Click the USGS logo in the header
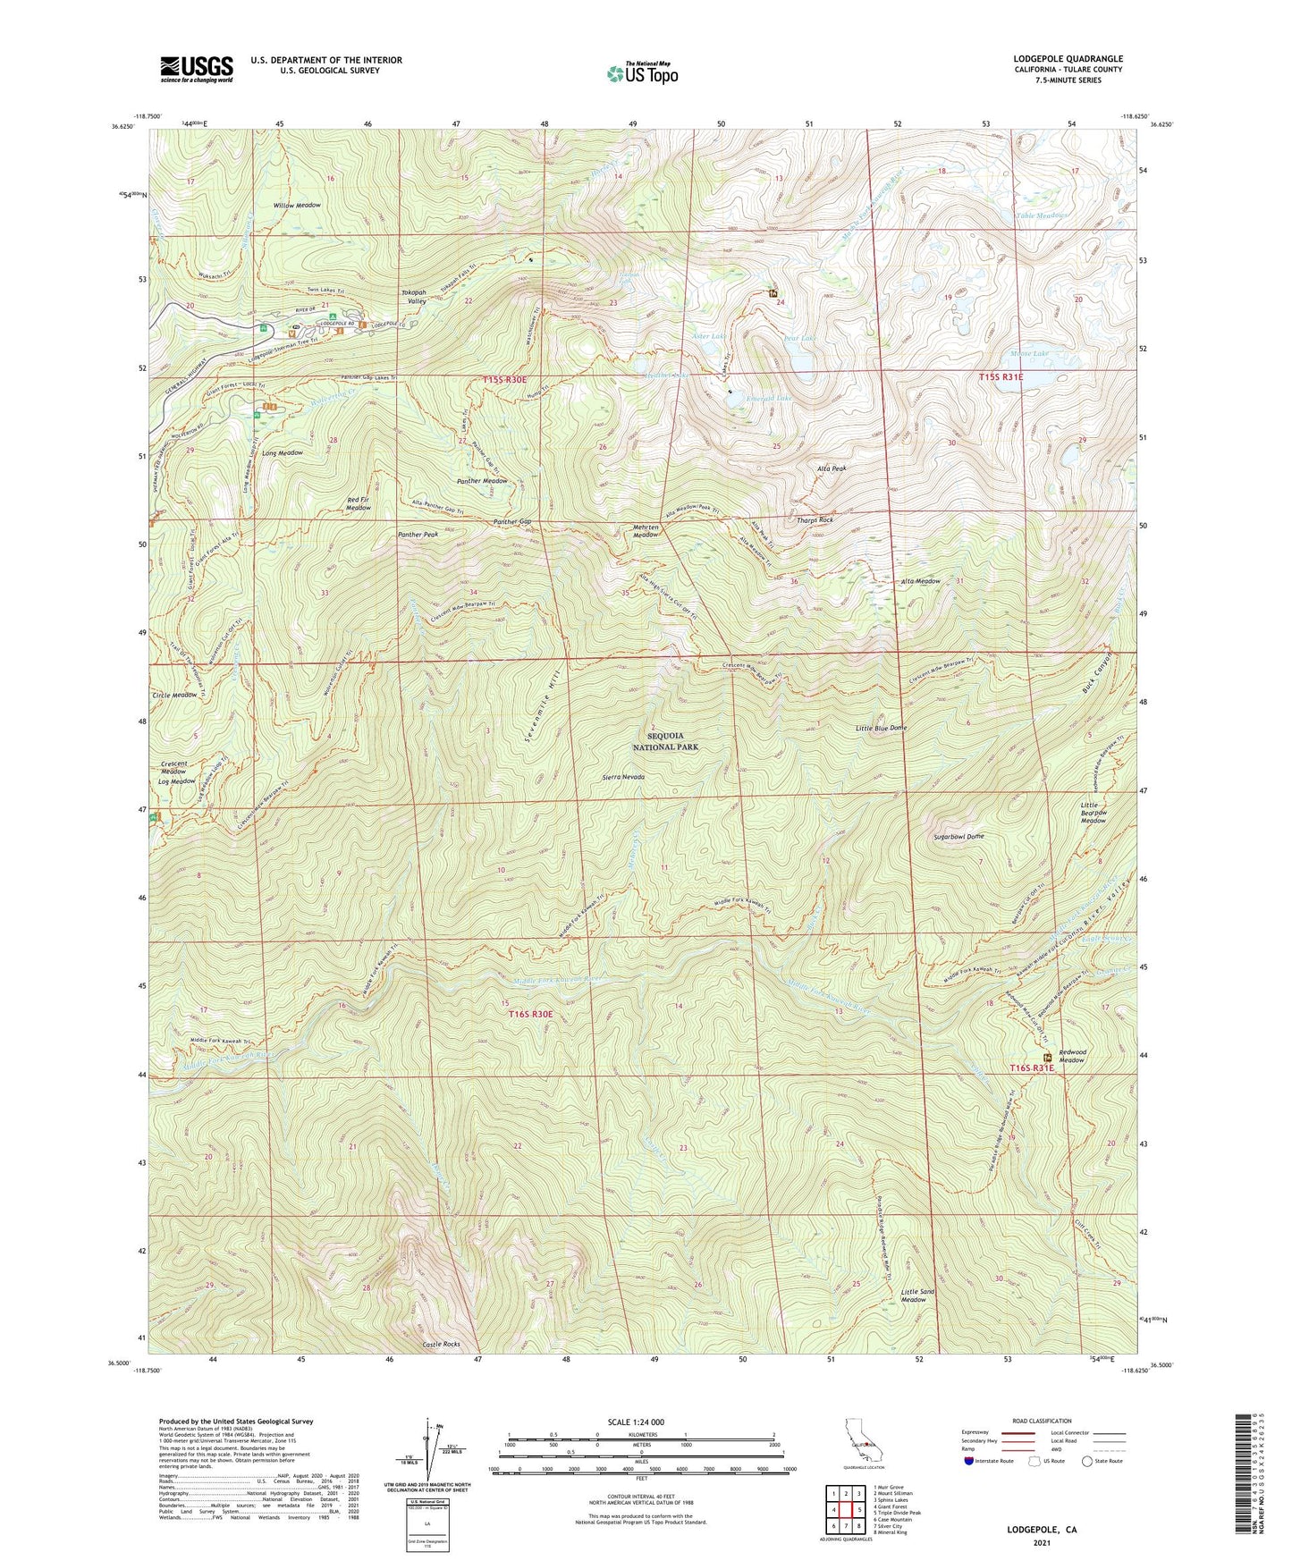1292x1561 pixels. [x=196, y=69]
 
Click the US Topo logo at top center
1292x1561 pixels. [x=641, y=73]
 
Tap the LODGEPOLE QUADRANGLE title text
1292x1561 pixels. [x=1068, y=59]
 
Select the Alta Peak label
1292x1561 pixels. [x=832, y=468]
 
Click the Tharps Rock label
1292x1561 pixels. [x=814, y=519]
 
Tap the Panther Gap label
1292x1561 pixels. [x=512, y=521]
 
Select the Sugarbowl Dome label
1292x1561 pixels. [x=958, y=837]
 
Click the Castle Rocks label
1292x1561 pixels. [x=440, y=1345]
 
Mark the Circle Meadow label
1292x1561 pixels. [x=174, y=695]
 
